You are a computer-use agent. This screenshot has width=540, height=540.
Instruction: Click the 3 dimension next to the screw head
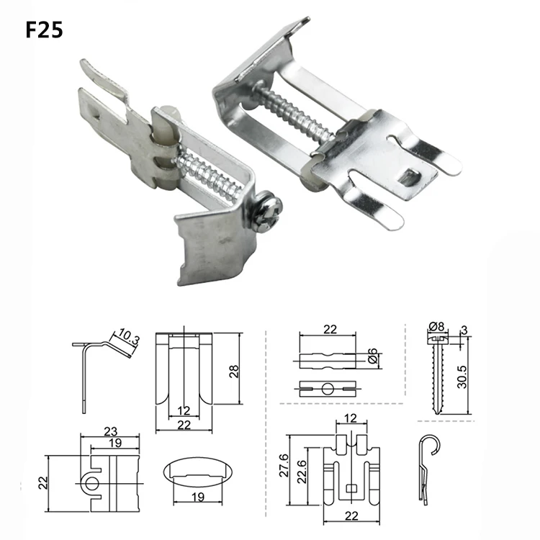coord(467,329)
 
